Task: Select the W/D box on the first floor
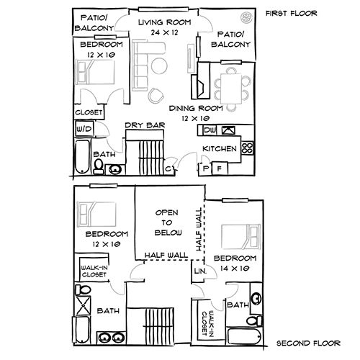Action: pos(84,130)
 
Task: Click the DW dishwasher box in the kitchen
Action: pos(210,130)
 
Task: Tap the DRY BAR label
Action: pos(145,125)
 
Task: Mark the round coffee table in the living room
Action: pos(156,94)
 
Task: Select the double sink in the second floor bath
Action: pos(109,336)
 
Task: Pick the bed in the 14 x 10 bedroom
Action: pos(238,235)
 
